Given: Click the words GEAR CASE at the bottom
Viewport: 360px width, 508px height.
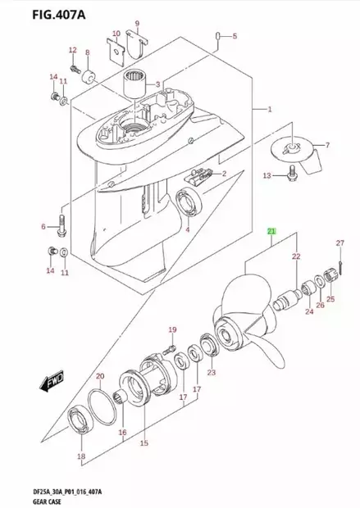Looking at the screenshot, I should point(30,499).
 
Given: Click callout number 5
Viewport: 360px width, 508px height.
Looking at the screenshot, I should point(234,36).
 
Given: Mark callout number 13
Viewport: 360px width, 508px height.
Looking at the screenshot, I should point(266,175).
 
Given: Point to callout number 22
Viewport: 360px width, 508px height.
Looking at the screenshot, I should point(296,257).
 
